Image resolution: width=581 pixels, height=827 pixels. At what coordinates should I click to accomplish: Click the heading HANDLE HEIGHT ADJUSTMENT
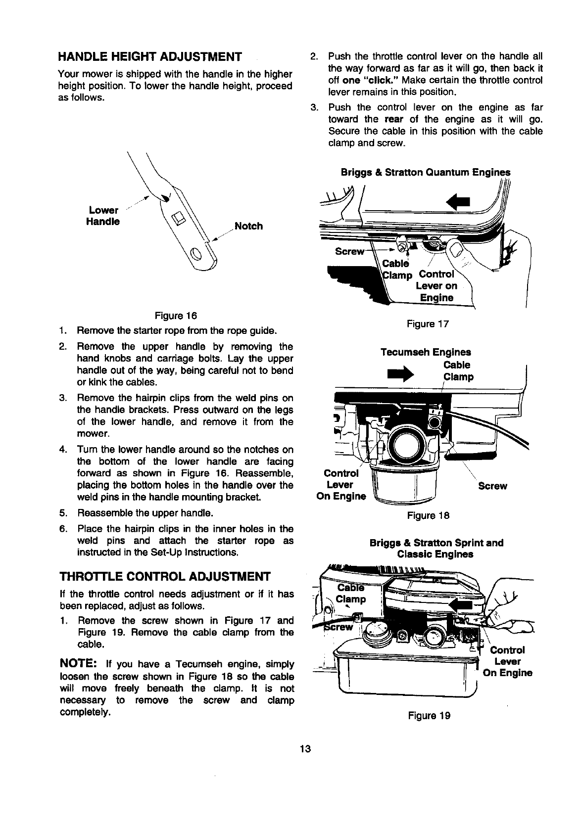[150, 55]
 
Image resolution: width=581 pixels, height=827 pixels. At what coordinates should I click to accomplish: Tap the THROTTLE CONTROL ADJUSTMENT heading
[165, 576]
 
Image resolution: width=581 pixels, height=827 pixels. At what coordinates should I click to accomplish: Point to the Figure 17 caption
[428, 324]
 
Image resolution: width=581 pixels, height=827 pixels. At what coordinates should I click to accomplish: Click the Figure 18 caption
[428, 515]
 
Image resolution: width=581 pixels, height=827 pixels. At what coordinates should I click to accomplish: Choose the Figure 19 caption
[429, 715]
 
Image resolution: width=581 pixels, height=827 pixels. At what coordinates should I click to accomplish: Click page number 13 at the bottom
[305, 749]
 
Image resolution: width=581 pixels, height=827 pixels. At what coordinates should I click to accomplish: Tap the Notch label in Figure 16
[248, 226]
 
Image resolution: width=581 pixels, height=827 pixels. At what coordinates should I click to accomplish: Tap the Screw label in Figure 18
[492, 486]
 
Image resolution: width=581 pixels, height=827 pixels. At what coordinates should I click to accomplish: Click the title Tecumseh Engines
[426, 352]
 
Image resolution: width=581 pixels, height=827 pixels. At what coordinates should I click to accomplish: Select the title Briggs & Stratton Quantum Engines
[425, 173]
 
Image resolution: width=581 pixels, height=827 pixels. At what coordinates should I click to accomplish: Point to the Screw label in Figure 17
[349, 251]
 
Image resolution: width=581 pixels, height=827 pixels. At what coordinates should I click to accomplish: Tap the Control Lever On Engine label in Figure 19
[507, 661]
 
